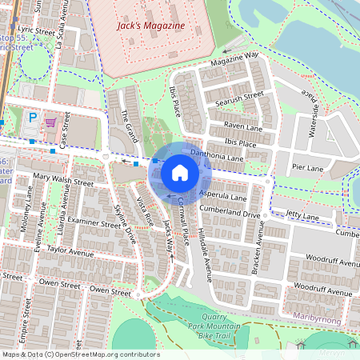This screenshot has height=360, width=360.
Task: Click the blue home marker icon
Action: click(180, 172)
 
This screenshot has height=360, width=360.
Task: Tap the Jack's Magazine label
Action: click(150, 26)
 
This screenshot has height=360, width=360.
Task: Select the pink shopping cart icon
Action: click(50, 122)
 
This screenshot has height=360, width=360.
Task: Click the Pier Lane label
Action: click(307, 169)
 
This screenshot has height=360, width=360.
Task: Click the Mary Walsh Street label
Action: click(64, 181)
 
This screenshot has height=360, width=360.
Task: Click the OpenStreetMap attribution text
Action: click(80, 354)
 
